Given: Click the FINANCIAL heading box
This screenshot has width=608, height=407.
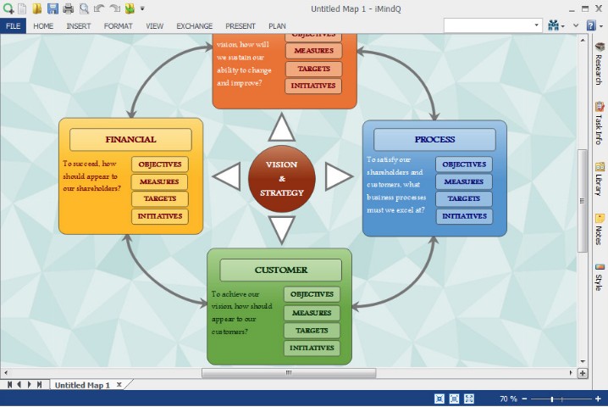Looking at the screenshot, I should [x=130, y=139].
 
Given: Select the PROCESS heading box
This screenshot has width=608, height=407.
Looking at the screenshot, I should [x=434, y=139].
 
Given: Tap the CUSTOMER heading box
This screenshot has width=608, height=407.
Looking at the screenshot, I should [x=280, y=270].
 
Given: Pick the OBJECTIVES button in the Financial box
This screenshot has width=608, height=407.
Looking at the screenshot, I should [x=159, y=164].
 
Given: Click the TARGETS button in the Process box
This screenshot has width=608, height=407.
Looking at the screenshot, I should [x=464, y=198].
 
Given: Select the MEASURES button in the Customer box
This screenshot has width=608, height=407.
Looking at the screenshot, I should [x=312, y=313].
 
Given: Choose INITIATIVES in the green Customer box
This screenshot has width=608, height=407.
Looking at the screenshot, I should [x=312, y=348].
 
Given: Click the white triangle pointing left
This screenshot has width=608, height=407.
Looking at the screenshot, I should [x=228, y=178].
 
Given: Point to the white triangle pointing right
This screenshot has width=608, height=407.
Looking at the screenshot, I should [x=337, y=177].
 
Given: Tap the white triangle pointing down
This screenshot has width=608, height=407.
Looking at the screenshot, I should [x=281, y=227].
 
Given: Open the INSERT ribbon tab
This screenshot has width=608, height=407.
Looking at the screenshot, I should [x=79, y=26].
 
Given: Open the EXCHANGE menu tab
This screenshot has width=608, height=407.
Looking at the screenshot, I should [x=194, y=26].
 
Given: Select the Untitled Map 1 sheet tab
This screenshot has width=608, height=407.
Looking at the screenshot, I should [x=82, y=385].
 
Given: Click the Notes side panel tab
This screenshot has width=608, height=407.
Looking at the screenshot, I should [x=600, y=228].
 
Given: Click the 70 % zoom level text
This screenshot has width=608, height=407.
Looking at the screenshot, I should [x=508, y=399].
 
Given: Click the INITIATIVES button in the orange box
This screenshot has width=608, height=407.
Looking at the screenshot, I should [x=313, y=86].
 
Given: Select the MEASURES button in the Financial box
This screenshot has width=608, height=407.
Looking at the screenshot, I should [x=159, y=181].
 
